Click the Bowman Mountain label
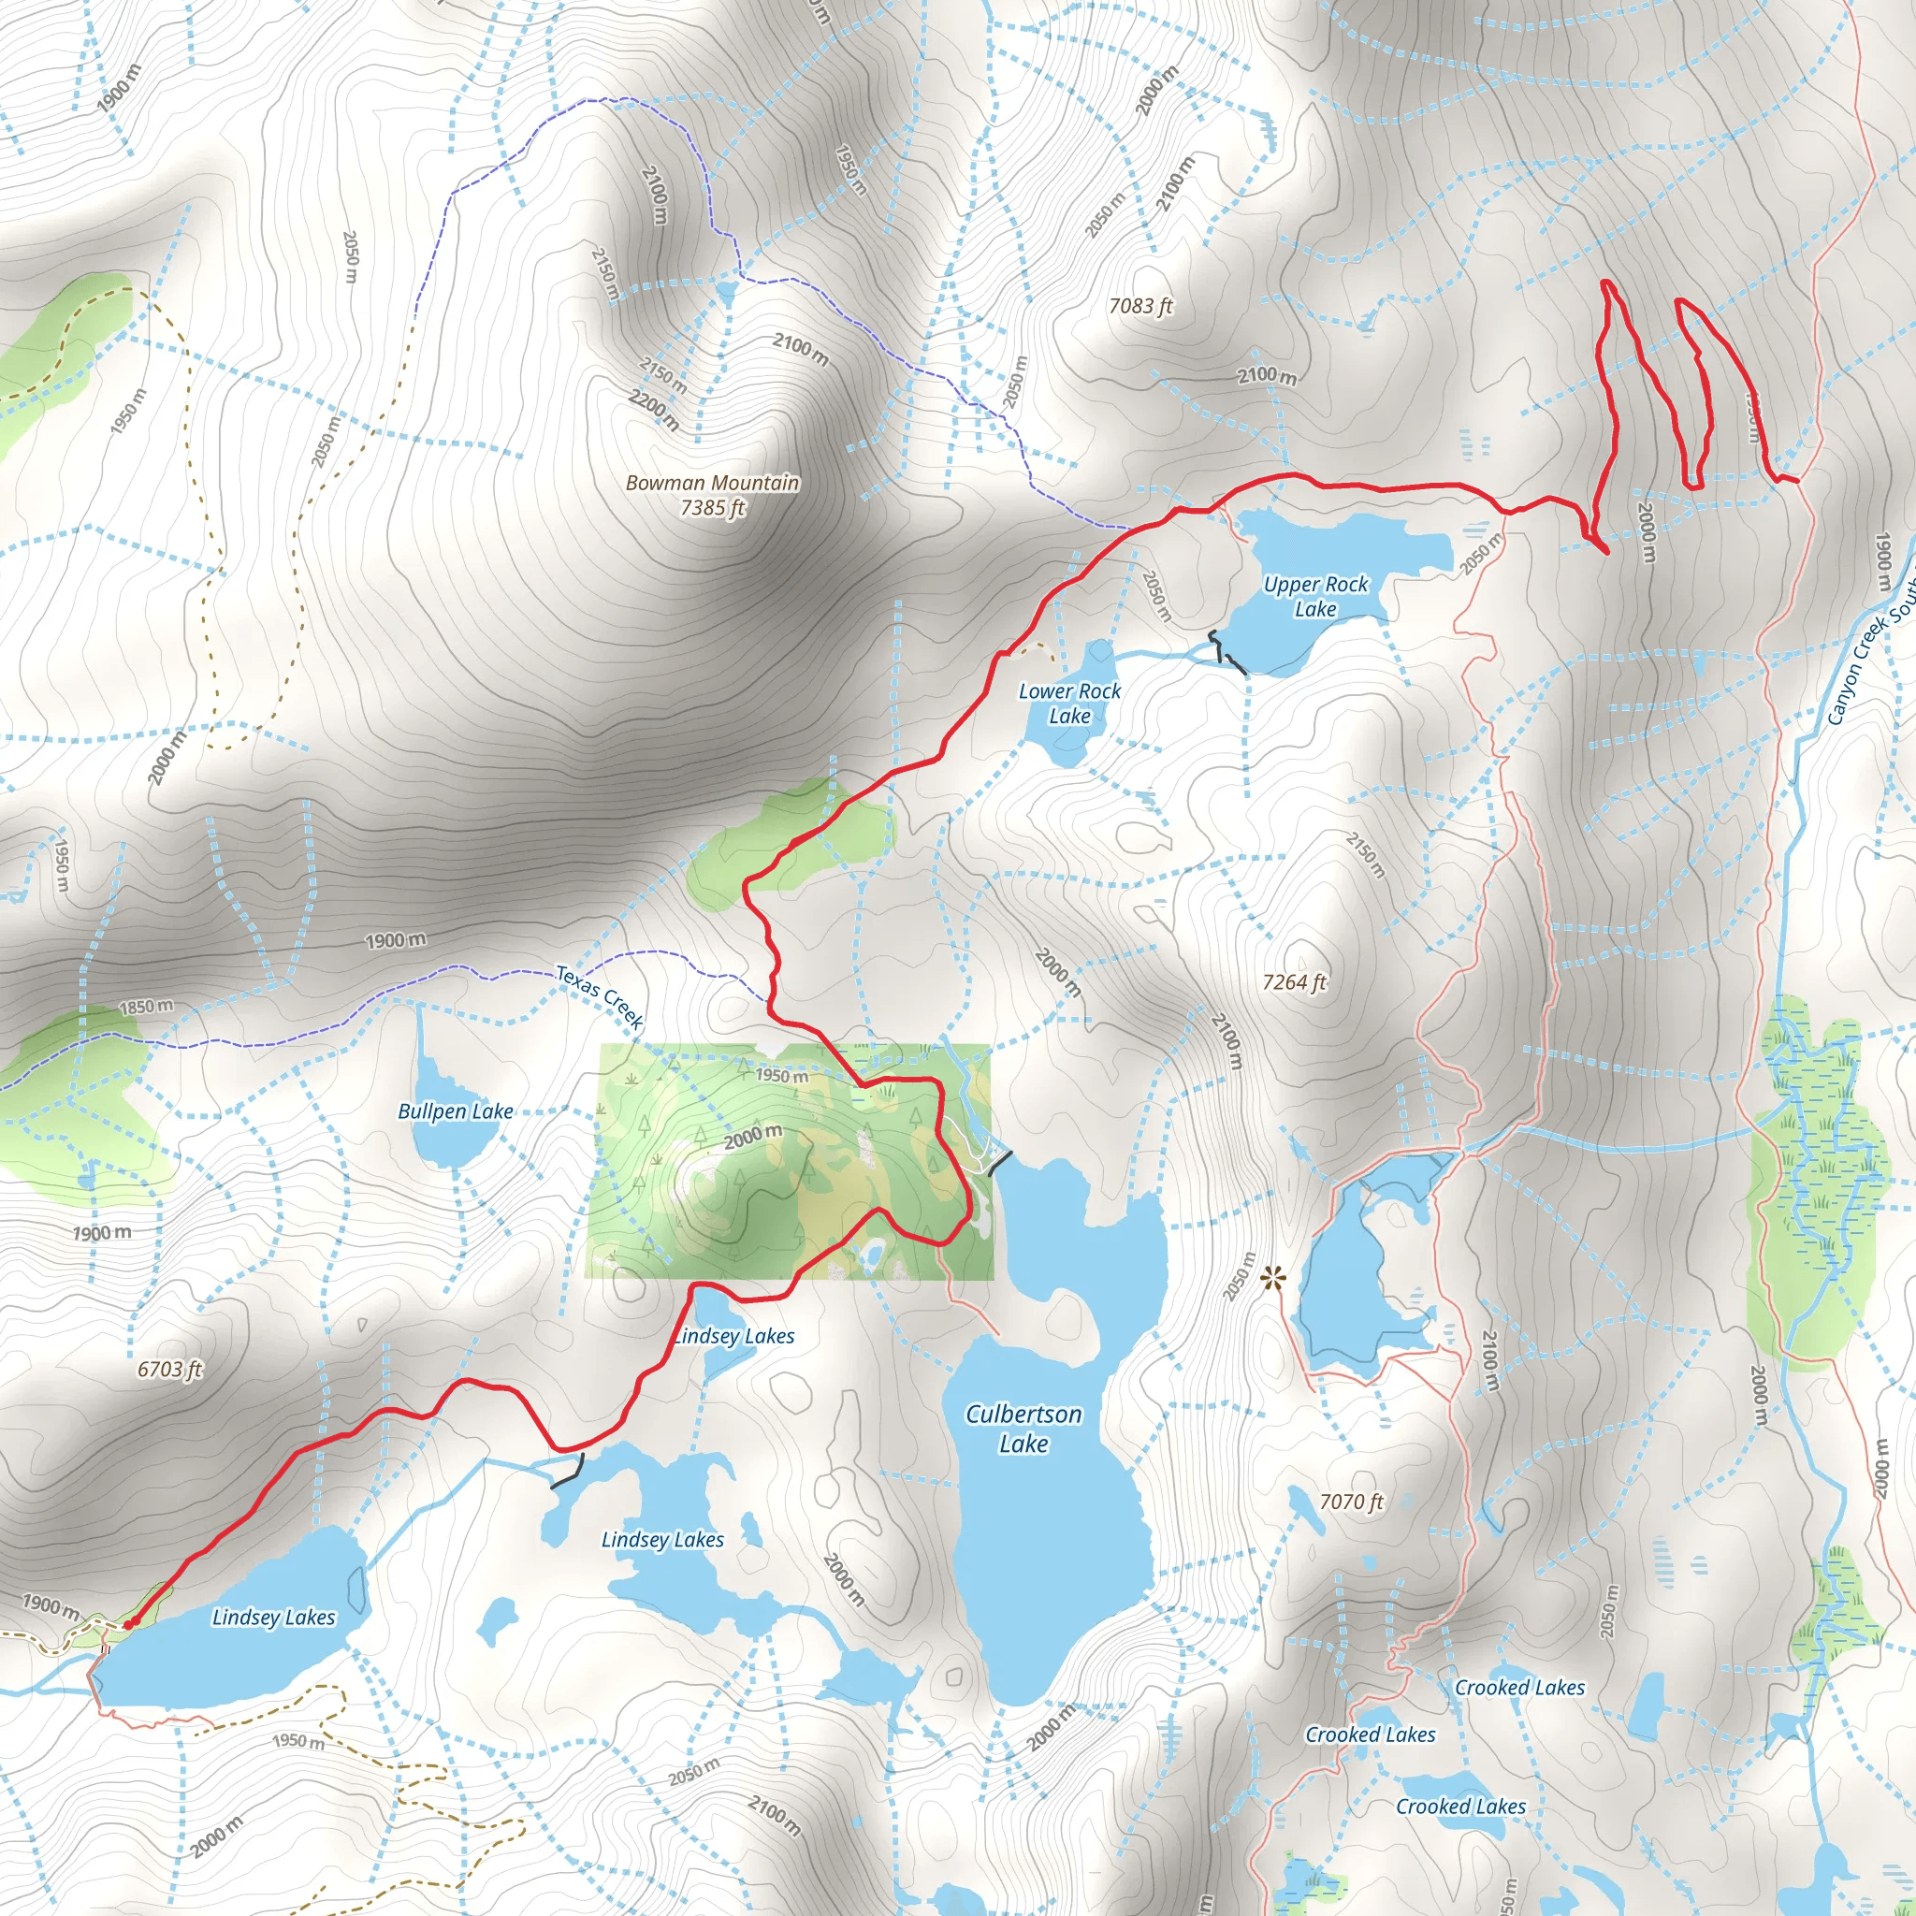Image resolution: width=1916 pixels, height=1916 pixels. click(x=712, y=483)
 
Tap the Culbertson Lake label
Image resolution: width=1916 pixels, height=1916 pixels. click(x=1023, y=1428)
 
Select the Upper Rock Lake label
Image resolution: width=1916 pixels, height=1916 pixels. click(x=1315, y=597)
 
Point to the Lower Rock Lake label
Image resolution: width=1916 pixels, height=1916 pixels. click(x=1069, y=704)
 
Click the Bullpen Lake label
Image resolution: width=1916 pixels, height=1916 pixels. click(x=456, y=1111)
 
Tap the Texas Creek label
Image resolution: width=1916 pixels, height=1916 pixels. click(x=599, y=997)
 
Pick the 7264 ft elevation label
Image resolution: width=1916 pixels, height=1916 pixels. click(x=1293, y=981)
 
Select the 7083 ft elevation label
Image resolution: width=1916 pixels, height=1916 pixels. click(x=1139, y=307)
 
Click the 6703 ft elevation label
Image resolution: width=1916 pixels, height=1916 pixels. click(x=168, y=1370)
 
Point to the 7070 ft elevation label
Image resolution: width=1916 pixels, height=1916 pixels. click(x=1351, y=1502)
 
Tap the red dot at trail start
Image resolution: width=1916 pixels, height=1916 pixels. click(x=128, y=1624)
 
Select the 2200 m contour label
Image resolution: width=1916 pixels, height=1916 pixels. click(x=655, y=410)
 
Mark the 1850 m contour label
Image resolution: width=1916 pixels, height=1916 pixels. click(x=146, y=1007)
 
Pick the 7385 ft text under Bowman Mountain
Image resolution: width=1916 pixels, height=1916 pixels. click(x=712, y=508)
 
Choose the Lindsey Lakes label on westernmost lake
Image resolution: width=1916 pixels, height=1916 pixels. click(x=274, y=1618)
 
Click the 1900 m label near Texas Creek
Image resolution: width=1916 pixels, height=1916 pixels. click(x=396, y=939)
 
